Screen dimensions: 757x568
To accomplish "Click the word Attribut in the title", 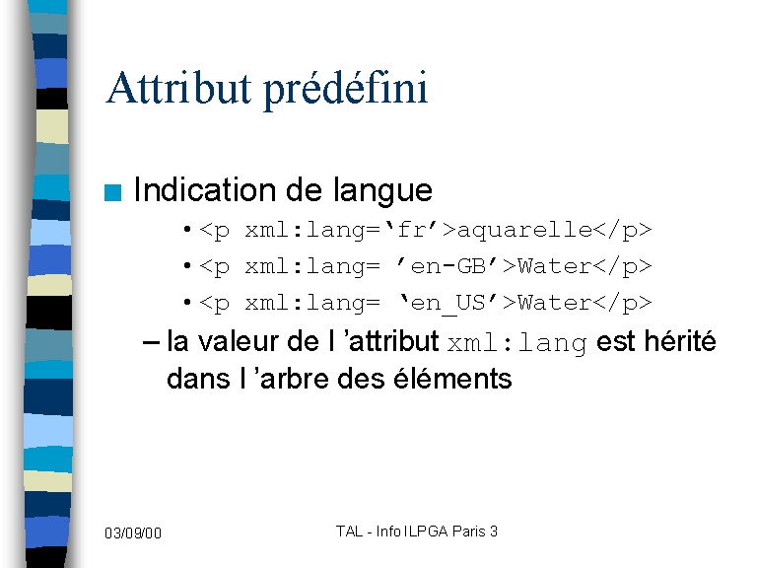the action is (x=178, y=88).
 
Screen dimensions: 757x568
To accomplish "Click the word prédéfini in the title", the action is (x=346, y=91).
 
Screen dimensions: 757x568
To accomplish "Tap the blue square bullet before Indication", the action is (x=112, y=192).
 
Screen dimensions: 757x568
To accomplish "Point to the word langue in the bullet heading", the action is (x=382, y=191).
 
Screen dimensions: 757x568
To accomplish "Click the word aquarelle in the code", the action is (x=524, y=231).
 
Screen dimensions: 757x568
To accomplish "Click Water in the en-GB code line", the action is (x=554, y=266).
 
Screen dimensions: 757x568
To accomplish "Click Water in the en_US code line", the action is (x=554, y=303).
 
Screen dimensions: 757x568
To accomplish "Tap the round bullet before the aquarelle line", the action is (x=187, y=230).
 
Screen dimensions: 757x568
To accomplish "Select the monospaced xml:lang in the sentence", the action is (x=517, y=343).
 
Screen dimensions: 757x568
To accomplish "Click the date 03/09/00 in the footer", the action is (x=133, y=533).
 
